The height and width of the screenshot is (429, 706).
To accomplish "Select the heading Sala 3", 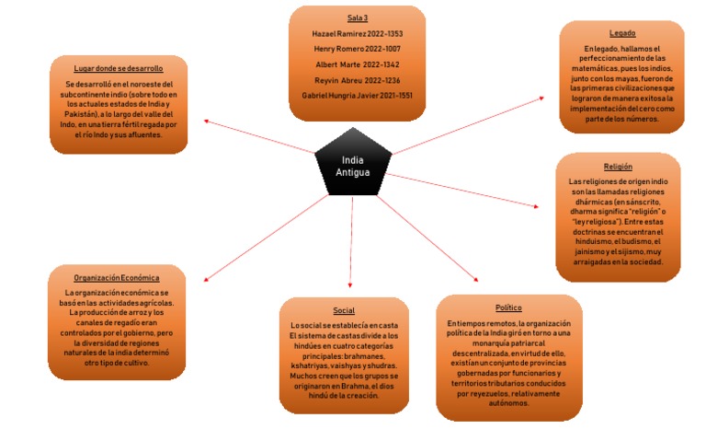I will tap(358, 18).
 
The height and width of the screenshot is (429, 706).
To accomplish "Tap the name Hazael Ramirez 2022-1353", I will tap(358, 33).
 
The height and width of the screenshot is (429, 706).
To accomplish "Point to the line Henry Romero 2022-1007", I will tap(358, 49).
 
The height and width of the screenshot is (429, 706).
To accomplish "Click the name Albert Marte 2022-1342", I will tap(358, 64).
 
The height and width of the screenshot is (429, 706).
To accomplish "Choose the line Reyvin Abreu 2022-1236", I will tap(358, 80).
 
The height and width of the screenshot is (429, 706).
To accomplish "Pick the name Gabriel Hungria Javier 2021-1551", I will tap(358, 96).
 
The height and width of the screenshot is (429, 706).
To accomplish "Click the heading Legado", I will tap(621, 33).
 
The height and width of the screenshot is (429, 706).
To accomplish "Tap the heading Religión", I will tap(618, 167).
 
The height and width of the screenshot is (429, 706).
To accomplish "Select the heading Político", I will tap(508, 307).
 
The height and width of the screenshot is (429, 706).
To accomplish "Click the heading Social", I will tap(344, 310).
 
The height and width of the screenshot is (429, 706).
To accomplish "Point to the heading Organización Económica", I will tap(117, 277).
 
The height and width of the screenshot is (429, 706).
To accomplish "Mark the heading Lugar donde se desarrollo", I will tap(119, 68).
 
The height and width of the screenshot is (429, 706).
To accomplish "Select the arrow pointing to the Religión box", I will tap(469, 190).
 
